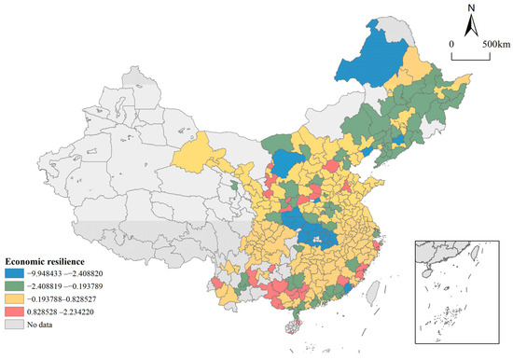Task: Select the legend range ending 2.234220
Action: pyautogui.click(x=70, y=315)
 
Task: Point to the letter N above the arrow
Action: pyautogui.click(x=472, y=8)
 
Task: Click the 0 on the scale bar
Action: pyautogui.click(x=451, y=44)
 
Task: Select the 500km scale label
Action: pyautogui.click(x=495, y=44)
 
